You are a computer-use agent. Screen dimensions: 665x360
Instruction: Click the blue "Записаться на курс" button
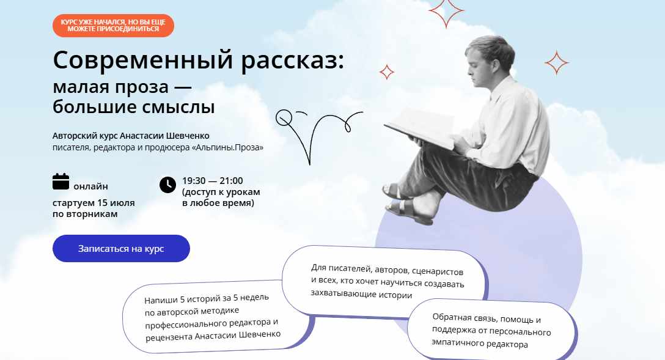point(121,249)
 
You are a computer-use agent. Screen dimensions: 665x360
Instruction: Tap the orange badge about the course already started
point(113,26)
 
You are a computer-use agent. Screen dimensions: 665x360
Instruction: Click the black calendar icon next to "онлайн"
point(61,182)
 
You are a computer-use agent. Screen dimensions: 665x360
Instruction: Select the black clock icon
point(167,185)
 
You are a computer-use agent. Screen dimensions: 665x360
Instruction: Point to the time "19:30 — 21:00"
point(213,181)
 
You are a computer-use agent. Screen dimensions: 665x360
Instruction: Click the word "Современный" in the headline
point(143,60)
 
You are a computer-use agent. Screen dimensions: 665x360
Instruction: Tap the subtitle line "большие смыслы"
point(134,107)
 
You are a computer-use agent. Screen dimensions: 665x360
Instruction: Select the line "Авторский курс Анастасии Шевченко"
point(131,136)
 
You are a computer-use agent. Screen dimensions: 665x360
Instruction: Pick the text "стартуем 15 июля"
point(94,203)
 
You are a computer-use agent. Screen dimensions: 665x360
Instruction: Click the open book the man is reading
point(420,127)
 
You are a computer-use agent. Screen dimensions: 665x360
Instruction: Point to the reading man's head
point(488,59)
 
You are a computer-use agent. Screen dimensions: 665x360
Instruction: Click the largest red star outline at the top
point(446,13)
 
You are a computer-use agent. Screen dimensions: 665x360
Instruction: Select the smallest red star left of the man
point(387,72)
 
